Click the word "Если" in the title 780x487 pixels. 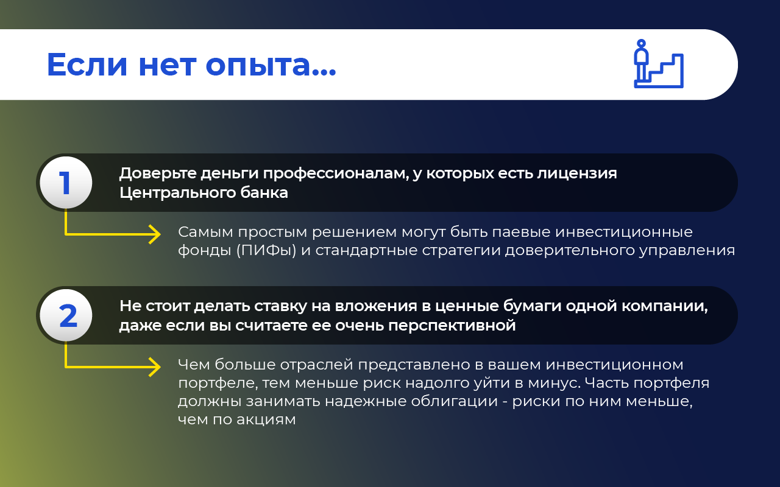(87, 65)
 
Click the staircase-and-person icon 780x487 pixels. (659, 64)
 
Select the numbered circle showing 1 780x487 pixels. (66, 183)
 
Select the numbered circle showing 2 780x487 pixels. (66, 315)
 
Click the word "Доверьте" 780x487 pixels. (157, 173)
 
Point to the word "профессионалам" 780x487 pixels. (336, 173)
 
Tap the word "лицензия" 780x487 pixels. (577, 173)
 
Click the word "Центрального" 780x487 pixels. (177, 193)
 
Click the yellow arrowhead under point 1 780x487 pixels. (155, 234)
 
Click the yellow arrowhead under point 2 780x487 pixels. (155, 367)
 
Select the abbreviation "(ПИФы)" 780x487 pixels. (266, 250)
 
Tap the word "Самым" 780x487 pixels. (205, 232)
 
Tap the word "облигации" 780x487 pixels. (455, 402)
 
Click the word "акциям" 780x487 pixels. (266, 420)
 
